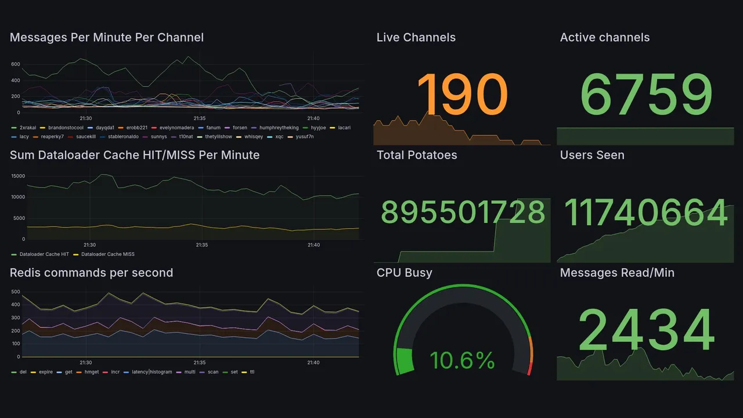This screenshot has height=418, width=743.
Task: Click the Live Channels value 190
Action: (x=462, y=94)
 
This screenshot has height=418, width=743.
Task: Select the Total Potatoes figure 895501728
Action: (x=463, y=212)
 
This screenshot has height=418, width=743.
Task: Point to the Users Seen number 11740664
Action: (x=645, y=212)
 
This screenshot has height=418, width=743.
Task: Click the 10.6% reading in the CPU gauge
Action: (x=462, y=361)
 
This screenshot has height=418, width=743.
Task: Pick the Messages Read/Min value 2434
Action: (x=645, y=330)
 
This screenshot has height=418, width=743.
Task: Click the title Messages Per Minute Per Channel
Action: (x=107, y=38)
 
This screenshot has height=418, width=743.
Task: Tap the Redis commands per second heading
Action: (x=92, y=273)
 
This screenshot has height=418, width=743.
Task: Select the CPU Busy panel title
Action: (x=404, y=273)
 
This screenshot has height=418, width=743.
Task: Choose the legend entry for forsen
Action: (x=240, y=128)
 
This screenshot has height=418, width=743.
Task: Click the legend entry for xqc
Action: (x=279, y=137)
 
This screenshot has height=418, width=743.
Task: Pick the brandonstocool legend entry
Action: (x=66, y=128)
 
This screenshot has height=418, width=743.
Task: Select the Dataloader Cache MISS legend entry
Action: (x=107, y=254)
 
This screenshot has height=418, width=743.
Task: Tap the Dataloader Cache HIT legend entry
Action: (x=44, y=254)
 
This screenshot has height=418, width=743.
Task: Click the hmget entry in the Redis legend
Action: (x=92, y=372)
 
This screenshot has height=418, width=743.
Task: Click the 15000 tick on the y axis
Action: (x=17, y=176)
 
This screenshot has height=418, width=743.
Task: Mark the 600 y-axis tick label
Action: (x=15, y=64)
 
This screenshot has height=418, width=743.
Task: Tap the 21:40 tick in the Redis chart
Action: (x=313, y=363)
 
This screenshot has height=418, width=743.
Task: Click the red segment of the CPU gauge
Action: (x=529, y=368)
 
